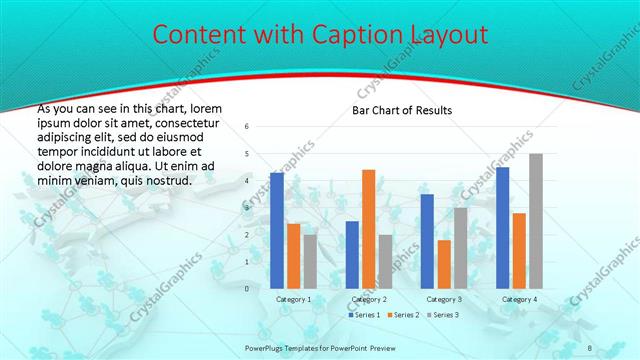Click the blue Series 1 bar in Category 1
pyautogui.click(x=277, y=231)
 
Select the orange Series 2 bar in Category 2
pyautogui.click(x=368, y=229)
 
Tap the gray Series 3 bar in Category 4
pyautogui.click(x=536, y=221)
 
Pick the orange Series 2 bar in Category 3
pyautogui.click(x=444, y=264)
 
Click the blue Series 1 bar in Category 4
pyautogui.click(x=502, y=228)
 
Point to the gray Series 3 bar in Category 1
pyautogui.click(x=310, y=262)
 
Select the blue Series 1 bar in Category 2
pyautogui.click(x=352, y=255)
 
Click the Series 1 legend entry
pyautogui.click(x=363, y=315)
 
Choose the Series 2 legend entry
pyautogui.click(x=403, y=315)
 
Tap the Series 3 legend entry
pyautogui.click(x=442, y=315)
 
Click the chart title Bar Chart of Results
pyautogui.click(x=402, y=110)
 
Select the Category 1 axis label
pyautogui.click(x=293, y=299)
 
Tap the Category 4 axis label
pyautogui.click(x=519, y=299)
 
